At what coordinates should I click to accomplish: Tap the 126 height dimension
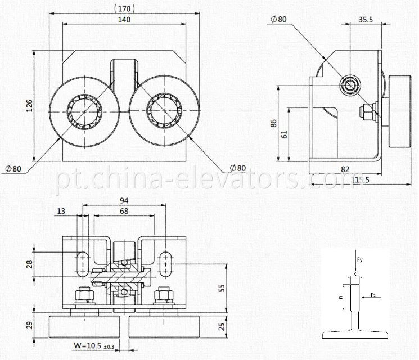(29, 106)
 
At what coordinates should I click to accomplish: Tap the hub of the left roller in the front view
(84, 110)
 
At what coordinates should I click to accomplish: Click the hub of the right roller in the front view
(163, 110)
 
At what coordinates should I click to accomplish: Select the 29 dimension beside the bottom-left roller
(29, 325)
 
